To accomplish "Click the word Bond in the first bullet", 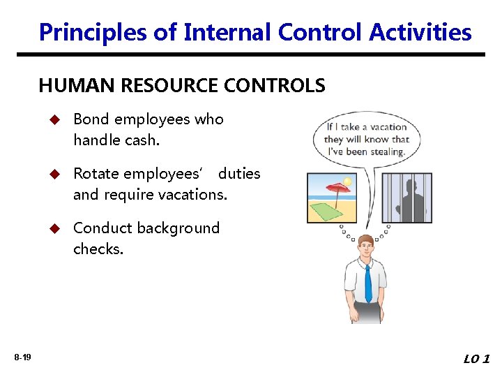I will coord(91,119).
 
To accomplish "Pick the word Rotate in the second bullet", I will coord(96,174).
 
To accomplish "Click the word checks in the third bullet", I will coord(98,249).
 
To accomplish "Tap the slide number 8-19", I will coord(22,357).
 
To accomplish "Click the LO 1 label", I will coord(477,359).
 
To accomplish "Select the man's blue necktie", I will coord(368,283).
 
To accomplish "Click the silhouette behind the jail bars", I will coord(411,199).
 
